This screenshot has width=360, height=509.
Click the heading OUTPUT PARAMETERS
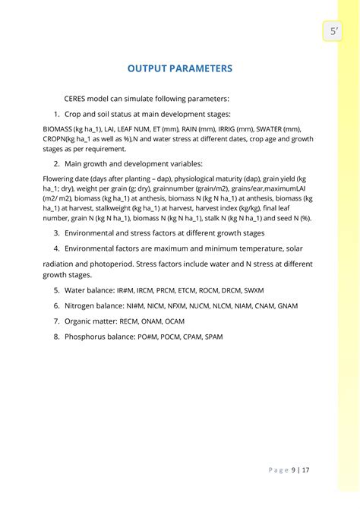pos(180,68)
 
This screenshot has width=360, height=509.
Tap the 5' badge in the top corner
pos(333,31)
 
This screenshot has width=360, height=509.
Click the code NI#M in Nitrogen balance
pos(138,305)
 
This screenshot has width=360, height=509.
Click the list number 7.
pos(56,321)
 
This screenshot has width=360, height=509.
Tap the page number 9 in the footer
pos(293,469)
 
